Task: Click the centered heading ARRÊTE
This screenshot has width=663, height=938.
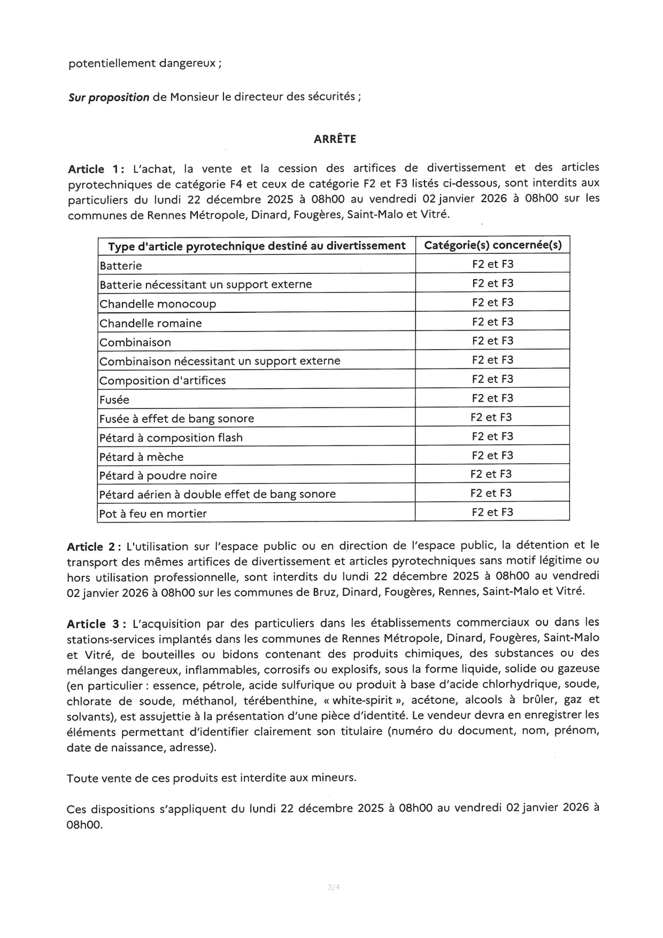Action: pyautogui.click(x=335, y=139)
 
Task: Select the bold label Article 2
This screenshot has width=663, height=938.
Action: pyautogui.click(x=91, y=547)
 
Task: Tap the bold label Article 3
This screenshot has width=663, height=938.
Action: pyautogui.click(x=92, y=624)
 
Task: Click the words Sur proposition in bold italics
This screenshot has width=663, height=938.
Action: pyautogui.click(x=109, y=97)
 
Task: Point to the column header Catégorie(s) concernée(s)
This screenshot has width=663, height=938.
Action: pyautogui.click(x=492, y=245)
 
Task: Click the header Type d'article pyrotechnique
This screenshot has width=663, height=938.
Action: pyautogui.click(x=257, y=246)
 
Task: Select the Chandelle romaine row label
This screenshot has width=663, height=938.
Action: pyautogui.click(x=151, y=323)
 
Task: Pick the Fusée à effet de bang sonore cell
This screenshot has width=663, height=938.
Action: pyautogui.click(x=177, y=419)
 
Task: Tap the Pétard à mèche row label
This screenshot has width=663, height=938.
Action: pyautogui.click(x=142, y=457)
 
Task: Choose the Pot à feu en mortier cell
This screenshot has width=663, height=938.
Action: pyautogui.click(x=153, y=514)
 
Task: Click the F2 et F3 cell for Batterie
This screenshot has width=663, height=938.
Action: pyautogui.click(x=492, y=264)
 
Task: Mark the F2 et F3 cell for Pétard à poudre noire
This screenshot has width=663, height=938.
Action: pyautogui.click(x=491, y=474)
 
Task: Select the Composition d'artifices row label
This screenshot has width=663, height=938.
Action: pyautogui.click(x=163, y=381)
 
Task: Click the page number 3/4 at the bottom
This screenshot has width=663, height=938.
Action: pyautogui.click(x=334, y=887)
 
